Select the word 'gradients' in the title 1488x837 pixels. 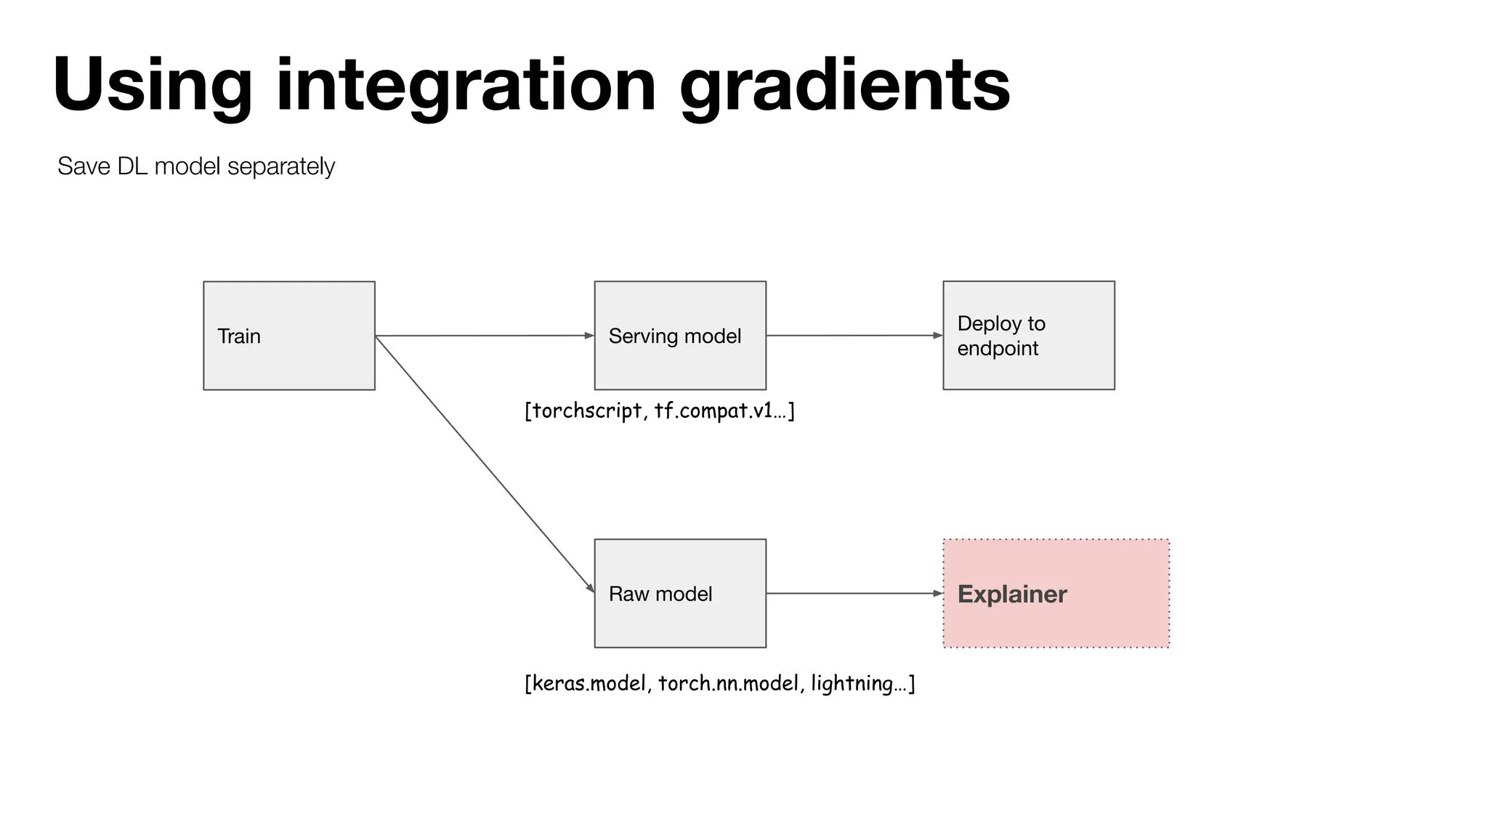click(x=844, y=86)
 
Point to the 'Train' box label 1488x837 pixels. click(x=239, y=336)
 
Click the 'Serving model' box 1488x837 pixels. click(x=680, y=336)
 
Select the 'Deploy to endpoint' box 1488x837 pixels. click(x=1029, y=336)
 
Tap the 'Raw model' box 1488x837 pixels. click(x=680, y=594)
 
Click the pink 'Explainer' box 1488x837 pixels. click(x=1056, y=594)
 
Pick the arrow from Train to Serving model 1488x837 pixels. click(x=485, y=336)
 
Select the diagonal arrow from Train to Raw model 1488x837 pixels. click(x=485, y=465)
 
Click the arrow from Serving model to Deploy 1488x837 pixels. click(x=854, y=336)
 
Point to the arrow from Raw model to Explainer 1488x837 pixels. click(x=854, y=594)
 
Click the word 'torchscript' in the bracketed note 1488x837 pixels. click(x=587, y=411)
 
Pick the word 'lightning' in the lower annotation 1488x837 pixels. click(x=852, y=684)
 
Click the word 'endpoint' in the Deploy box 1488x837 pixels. click(x=998, y=349)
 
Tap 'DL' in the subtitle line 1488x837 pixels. click(x=132, y=166)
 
